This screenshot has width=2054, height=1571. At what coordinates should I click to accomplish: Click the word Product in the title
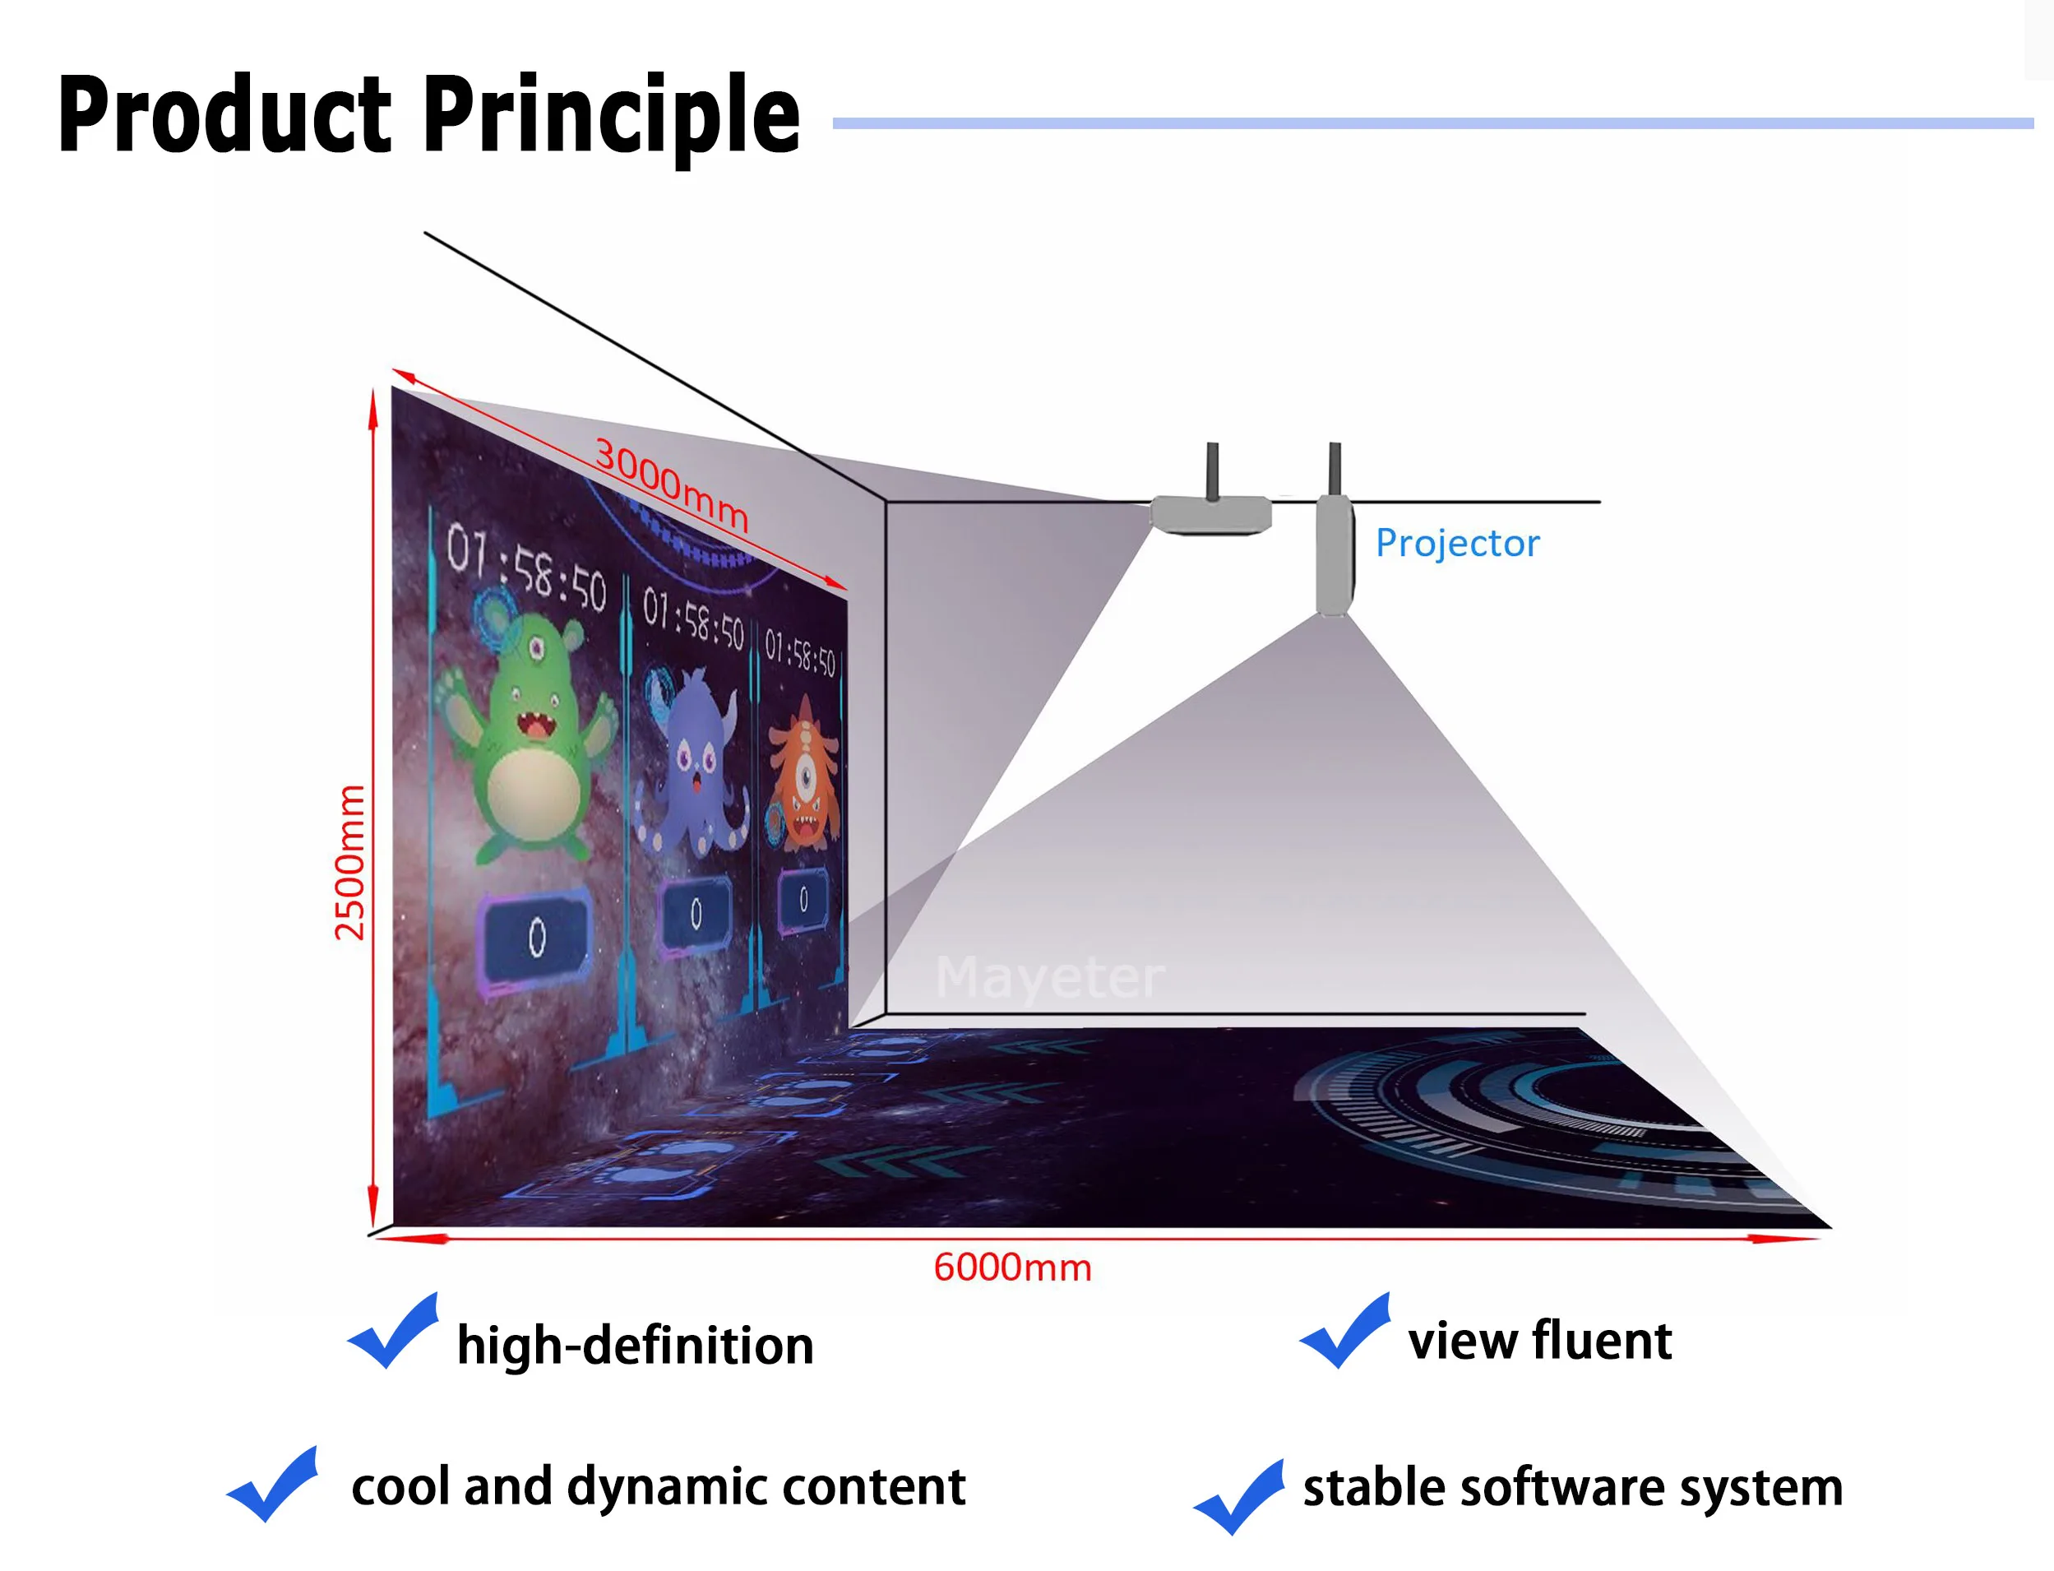(x=224, y=114)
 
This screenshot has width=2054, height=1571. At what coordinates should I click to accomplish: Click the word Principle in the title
(x=613, y=114)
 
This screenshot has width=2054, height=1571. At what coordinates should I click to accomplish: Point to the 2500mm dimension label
(x=349, y=861)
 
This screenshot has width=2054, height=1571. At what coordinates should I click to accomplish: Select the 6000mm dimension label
(x=1012, y=1268)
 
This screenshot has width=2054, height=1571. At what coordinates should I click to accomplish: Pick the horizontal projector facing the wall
(x=1210, y=513)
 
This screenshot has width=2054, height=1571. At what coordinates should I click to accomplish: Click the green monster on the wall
(x=528, y=739)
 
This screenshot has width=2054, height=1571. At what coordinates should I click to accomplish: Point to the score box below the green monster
(x=536, y=936)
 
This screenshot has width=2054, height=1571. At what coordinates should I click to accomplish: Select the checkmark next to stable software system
(x=1240, y=1495)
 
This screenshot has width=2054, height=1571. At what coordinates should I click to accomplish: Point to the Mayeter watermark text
(x=1050, y=978)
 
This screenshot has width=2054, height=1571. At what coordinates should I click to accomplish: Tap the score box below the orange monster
(x=803, y=900)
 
